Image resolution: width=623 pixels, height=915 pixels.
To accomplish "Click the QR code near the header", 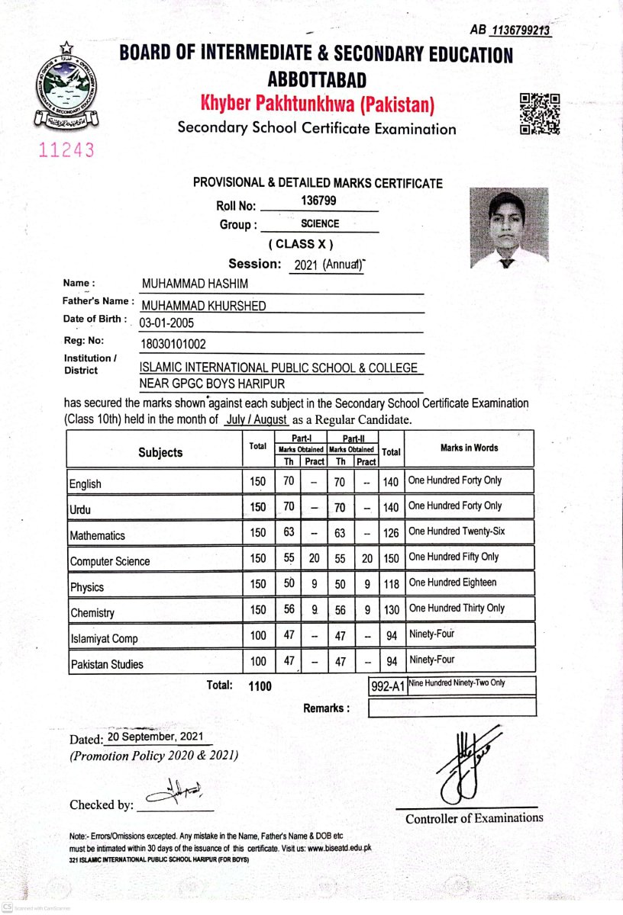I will click(540, 114).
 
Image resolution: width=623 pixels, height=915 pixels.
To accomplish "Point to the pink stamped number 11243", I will click(67, 150).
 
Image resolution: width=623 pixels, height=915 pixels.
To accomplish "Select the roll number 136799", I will click(319, 201).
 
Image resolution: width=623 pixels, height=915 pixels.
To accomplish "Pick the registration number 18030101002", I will click(173, 344).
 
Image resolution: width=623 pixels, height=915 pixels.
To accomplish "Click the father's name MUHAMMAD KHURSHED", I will click(204, 306).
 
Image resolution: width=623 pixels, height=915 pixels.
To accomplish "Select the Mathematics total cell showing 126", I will click(391, 532).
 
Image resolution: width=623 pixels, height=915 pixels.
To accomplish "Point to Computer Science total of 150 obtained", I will click(391, 558).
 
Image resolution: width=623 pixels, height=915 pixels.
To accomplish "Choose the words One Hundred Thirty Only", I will click(457, 608).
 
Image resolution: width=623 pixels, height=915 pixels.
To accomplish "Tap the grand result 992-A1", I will click(387, 686).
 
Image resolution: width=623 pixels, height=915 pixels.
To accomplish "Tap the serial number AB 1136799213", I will click(511, 30).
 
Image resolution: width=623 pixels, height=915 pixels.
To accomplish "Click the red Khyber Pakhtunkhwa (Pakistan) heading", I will click(317, 103).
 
